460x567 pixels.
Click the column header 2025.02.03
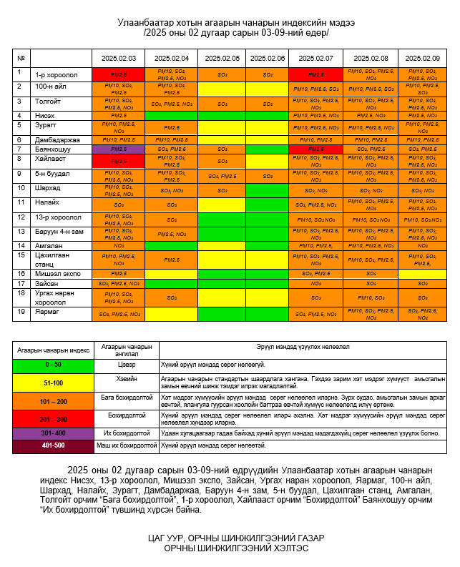[x=118, y=58]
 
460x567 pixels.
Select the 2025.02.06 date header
[x=268, y=58]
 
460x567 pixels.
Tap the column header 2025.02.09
[x=422, y=58]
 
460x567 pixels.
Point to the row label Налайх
[x=47, y=203]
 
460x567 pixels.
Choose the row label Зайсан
[x=47, y=284]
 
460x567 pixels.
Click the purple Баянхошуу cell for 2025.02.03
[x=118, y=149]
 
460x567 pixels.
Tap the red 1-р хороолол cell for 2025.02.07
[x=315, y=74]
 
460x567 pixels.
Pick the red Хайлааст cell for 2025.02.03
[x=118, y=161]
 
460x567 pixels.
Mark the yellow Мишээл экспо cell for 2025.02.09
[x=422, y=274]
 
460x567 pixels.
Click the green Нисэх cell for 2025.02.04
[x=171, y=115]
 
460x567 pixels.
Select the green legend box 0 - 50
[x=53, y=364]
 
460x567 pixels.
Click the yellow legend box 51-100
[x=53, y=383]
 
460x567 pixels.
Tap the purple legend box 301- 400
[x=53, y=433]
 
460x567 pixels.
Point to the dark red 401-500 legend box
[x=53, y=446]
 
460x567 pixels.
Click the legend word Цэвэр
[x=126, y=364]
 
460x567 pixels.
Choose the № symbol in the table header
[x=21, y=58]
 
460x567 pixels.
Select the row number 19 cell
[x=21, y=312]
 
